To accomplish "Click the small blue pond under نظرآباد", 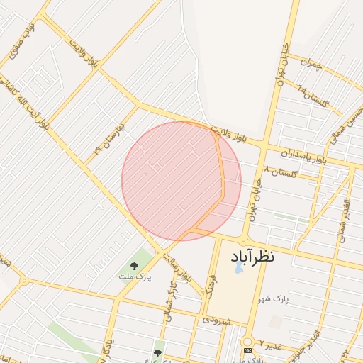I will coord(238,269).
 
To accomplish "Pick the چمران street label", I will coord(311,65).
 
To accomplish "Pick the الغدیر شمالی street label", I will coord(341,213).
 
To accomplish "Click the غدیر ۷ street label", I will coord(270,345).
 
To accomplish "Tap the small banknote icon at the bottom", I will coord(247,350).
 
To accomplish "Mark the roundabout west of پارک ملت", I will coord(23,281).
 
